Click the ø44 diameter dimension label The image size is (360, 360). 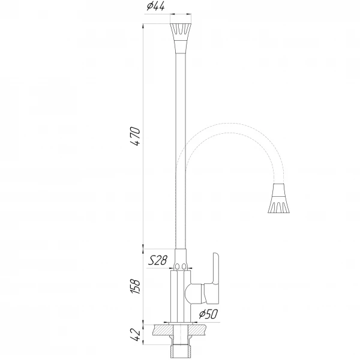[155, 7]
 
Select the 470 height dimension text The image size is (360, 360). [135, 136]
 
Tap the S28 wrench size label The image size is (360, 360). [158, 260]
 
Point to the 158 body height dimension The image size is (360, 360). [135, 287]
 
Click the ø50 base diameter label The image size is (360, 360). [208, 314]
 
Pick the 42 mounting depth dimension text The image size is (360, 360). [135, 335]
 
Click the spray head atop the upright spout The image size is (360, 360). [181, 38]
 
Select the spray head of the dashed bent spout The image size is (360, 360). [279, 199]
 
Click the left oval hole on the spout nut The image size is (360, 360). [177, 266]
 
